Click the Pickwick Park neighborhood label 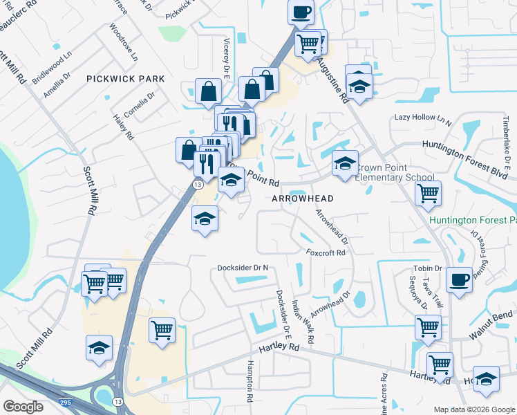(126, 79)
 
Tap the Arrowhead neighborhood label (302, 199)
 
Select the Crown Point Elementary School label (395, 173)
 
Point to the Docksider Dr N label (242, 268)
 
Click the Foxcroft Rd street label (326, 252)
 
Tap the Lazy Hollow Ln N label (422, 118)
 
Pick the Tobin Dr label (428, 268)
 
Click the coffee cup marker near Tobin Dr (459, 280)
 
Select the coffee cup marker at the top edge (301, 12)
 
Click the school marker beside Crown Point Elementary (345, 164)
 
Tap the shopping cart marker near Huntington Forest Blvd (428, 193)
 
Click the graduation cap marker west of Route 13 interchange (100, 348)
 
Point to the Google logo (23, 407)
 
